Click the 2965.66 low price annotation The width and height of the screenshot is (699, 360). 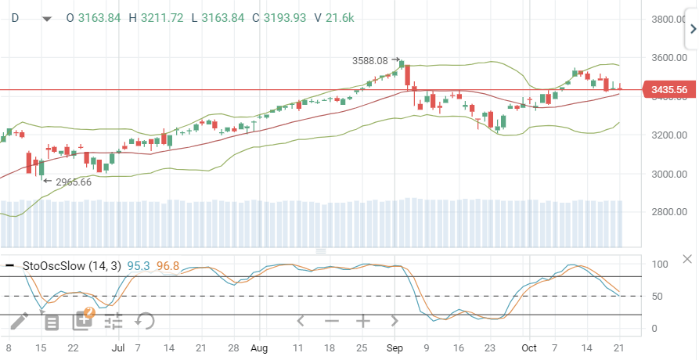coord(74,182)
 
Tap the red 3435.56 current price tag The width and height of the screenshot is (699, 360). coord(668,90)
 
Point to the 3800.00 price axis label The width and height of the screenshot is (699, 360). coord(669,20)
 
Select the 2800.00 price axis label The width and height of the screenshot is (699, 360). coord(669,212)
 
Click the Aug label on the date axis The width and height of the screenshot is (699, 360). coord(260,347)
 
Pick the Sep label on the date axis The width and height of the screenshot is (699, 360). coord(395,347)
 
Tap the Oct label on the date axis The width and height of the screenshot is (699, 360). coord(530,347)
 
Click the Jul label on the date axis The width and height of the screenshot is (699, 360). coord(117,347)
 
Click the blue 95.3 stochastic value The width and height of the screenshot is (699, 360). coord(139,266)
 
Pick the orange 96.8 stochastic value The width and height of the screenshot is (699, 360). coord(168,266)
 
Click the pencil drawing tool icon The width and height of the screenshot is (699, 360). coord(19,320)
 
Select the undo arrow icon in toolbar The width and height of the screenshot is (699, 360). coord(144,320)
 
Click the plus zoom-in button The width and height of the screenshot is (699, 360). coord(363,321)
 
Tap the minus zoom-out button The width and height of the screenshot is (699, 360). coord(332,321)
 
